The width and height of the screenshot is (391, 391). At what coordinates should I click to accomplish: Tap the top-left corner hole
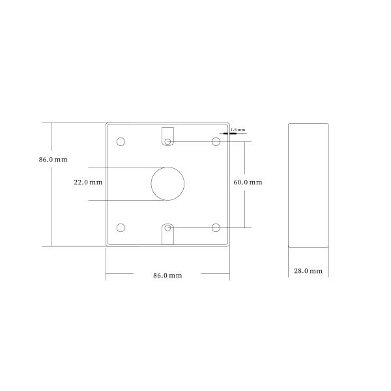tap(121, 141)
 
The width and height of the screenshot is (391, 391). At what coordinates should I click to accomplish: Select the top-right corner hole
tap(215, 141)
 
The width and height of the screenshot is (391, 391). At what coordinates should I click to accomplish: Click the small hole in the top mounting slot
tap(168, 141)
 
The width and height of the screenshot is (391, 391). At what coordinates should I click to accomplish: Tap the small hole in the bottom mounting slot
tap(168, 227)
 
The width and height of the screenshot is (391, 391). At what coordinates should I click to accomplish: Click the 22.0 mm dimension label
tap(88, 183)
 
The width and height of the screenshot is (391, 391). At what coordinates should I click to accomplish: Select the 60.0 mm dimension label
tap(248, 182)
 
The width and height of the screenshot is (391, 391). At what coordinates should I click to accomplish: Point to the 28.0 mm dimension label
tap(308, 270)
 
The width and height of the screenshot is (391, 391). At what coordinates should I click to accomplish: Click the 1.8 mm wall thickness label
tap(238, 130)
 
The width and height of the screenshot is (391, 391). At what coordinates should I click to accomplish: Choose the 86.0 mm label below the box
tap(167, 276)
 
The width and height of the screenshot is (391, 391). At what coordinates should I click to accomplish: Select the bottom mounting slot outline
tap(168, 236)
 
